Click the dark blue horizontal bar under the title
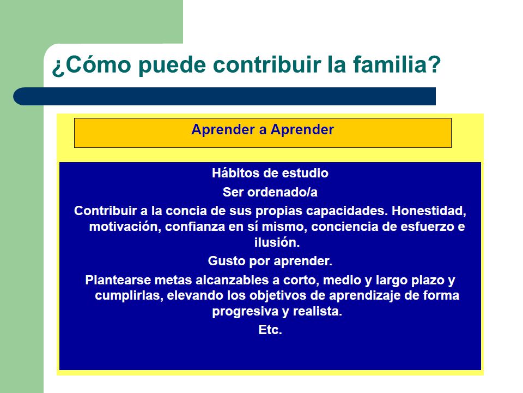224,96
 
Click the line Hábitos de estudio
270,173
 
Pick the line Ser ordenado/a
270,192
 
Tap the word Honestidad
429,211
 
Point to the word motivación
125,227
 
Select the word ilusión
277,242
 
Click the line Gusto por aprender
270,261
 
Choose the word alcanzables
232,280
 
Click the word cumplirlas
129,296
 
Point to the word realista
318,312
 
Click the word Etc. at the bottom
270,330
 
